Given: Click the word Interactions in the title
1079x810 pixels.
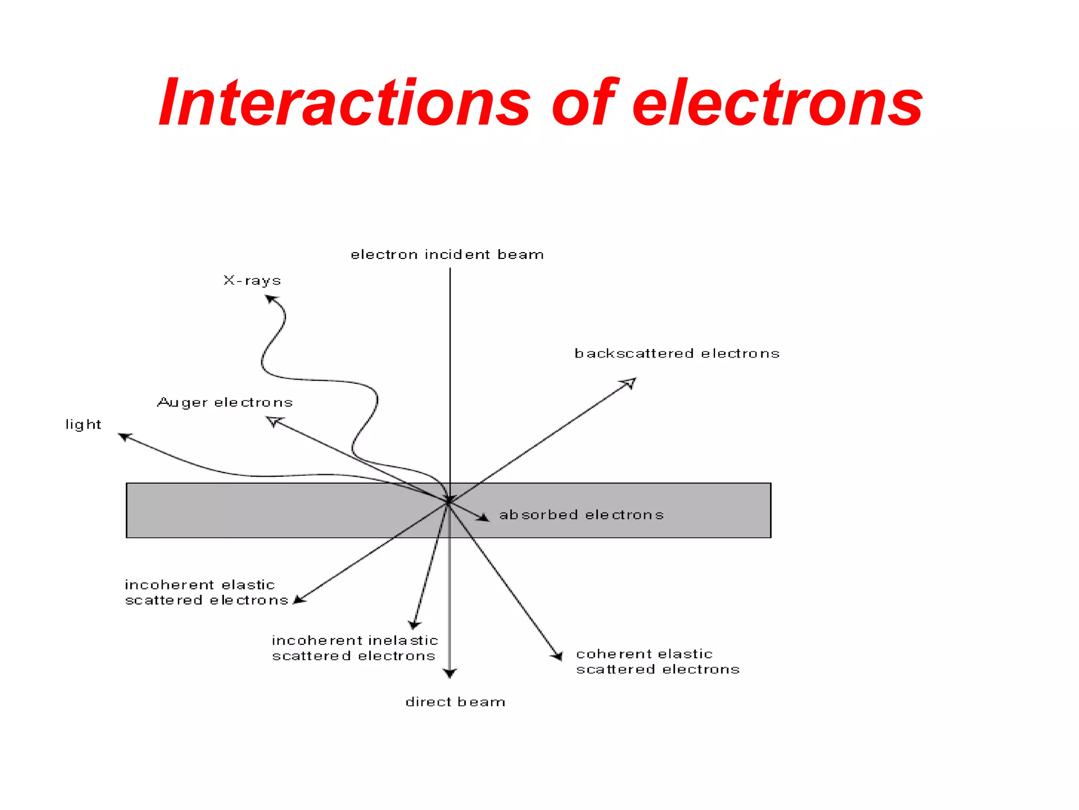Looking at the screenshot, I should coord(345,103).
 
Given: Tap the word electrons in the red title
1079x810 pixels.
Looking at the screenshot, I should coord(777,103).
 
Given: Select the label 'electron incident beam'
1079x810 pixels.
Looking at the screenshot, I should coord(447,255).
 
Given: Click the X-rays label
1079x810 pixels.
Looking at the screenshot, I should coord(252,281).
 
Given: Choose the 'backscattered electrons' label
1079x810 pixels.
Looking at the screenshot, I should coord(677,353).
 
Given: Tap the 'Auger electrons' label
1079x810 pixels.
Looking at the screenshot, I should coord(225,403).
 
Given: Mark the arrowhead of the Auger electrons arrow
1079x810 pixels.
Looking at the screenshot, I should coord(273,421).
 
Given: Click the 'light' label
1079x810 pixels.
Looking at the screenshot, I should coord(83,425).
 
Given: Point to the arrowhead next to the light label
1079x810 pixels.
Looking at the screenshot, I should coord(124,436).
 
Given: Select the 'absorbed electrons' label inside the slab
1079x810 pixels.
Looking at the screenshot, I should coord(581,515).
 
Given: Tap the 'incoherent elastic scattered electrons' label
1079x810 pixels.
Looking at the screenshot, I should coord(206,592).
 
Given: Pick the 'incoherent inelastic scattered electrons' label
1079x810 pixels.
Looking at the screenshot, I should coord(355,648).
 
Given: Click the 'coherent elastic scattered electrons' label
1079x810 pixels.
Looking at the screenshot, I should coord(658,662).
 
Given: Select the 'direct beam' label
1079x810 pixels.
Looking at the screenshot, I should coord(455,702).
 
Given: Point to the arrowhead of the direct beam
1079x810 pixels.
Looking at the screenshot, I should coord(449,673).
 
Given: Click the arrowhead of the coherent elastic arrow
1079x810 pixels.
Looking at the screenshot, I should coord(557,655).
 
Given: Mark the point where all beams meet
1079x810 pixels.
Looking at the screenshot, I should coord(449,502).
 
